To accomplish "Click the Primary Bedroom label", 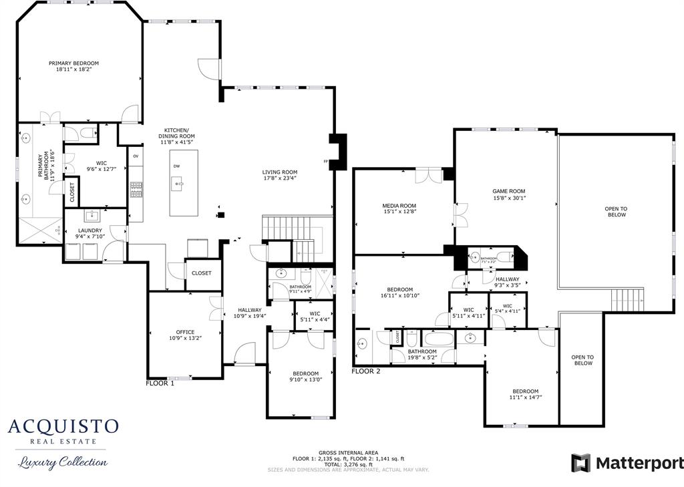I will pos(73,63).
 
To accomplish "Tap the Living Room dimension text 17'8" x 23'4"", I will pos(279,178).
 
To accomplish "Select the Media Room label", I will pos(399,206).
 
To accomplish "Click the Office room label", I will pos(185,332).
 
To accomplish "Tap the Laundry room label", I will pos(90,230).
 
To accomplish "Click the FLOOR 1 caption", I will pos(160,383).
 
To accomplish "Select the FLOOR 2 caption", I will pos(366,371).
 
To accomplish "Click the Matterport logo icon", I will pos(580,463).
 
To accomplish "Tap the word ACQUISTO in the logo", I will pos(63,427).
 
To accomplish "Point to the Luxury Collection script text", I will pos(62,462).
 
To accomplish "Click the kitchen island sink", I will pos(178,181).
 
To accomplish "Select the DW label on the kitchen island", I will pos(176,166).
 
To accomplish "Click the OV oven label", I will pos(136,156).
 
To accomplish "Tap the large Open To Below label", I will pos(615,212).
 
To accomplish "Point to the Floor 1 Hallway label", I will pos(250,310).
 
